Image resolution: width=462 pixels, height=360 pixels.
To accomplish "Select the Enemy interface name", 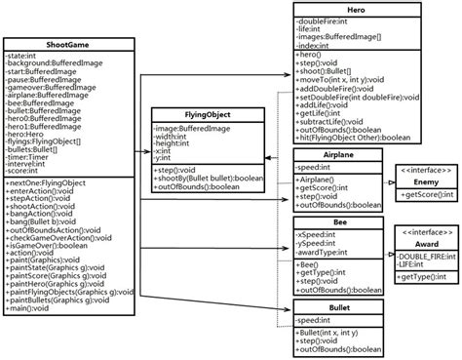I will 424,182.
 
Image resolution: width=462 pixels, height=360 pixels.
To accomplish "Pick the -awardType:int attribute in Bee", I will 327,253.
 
